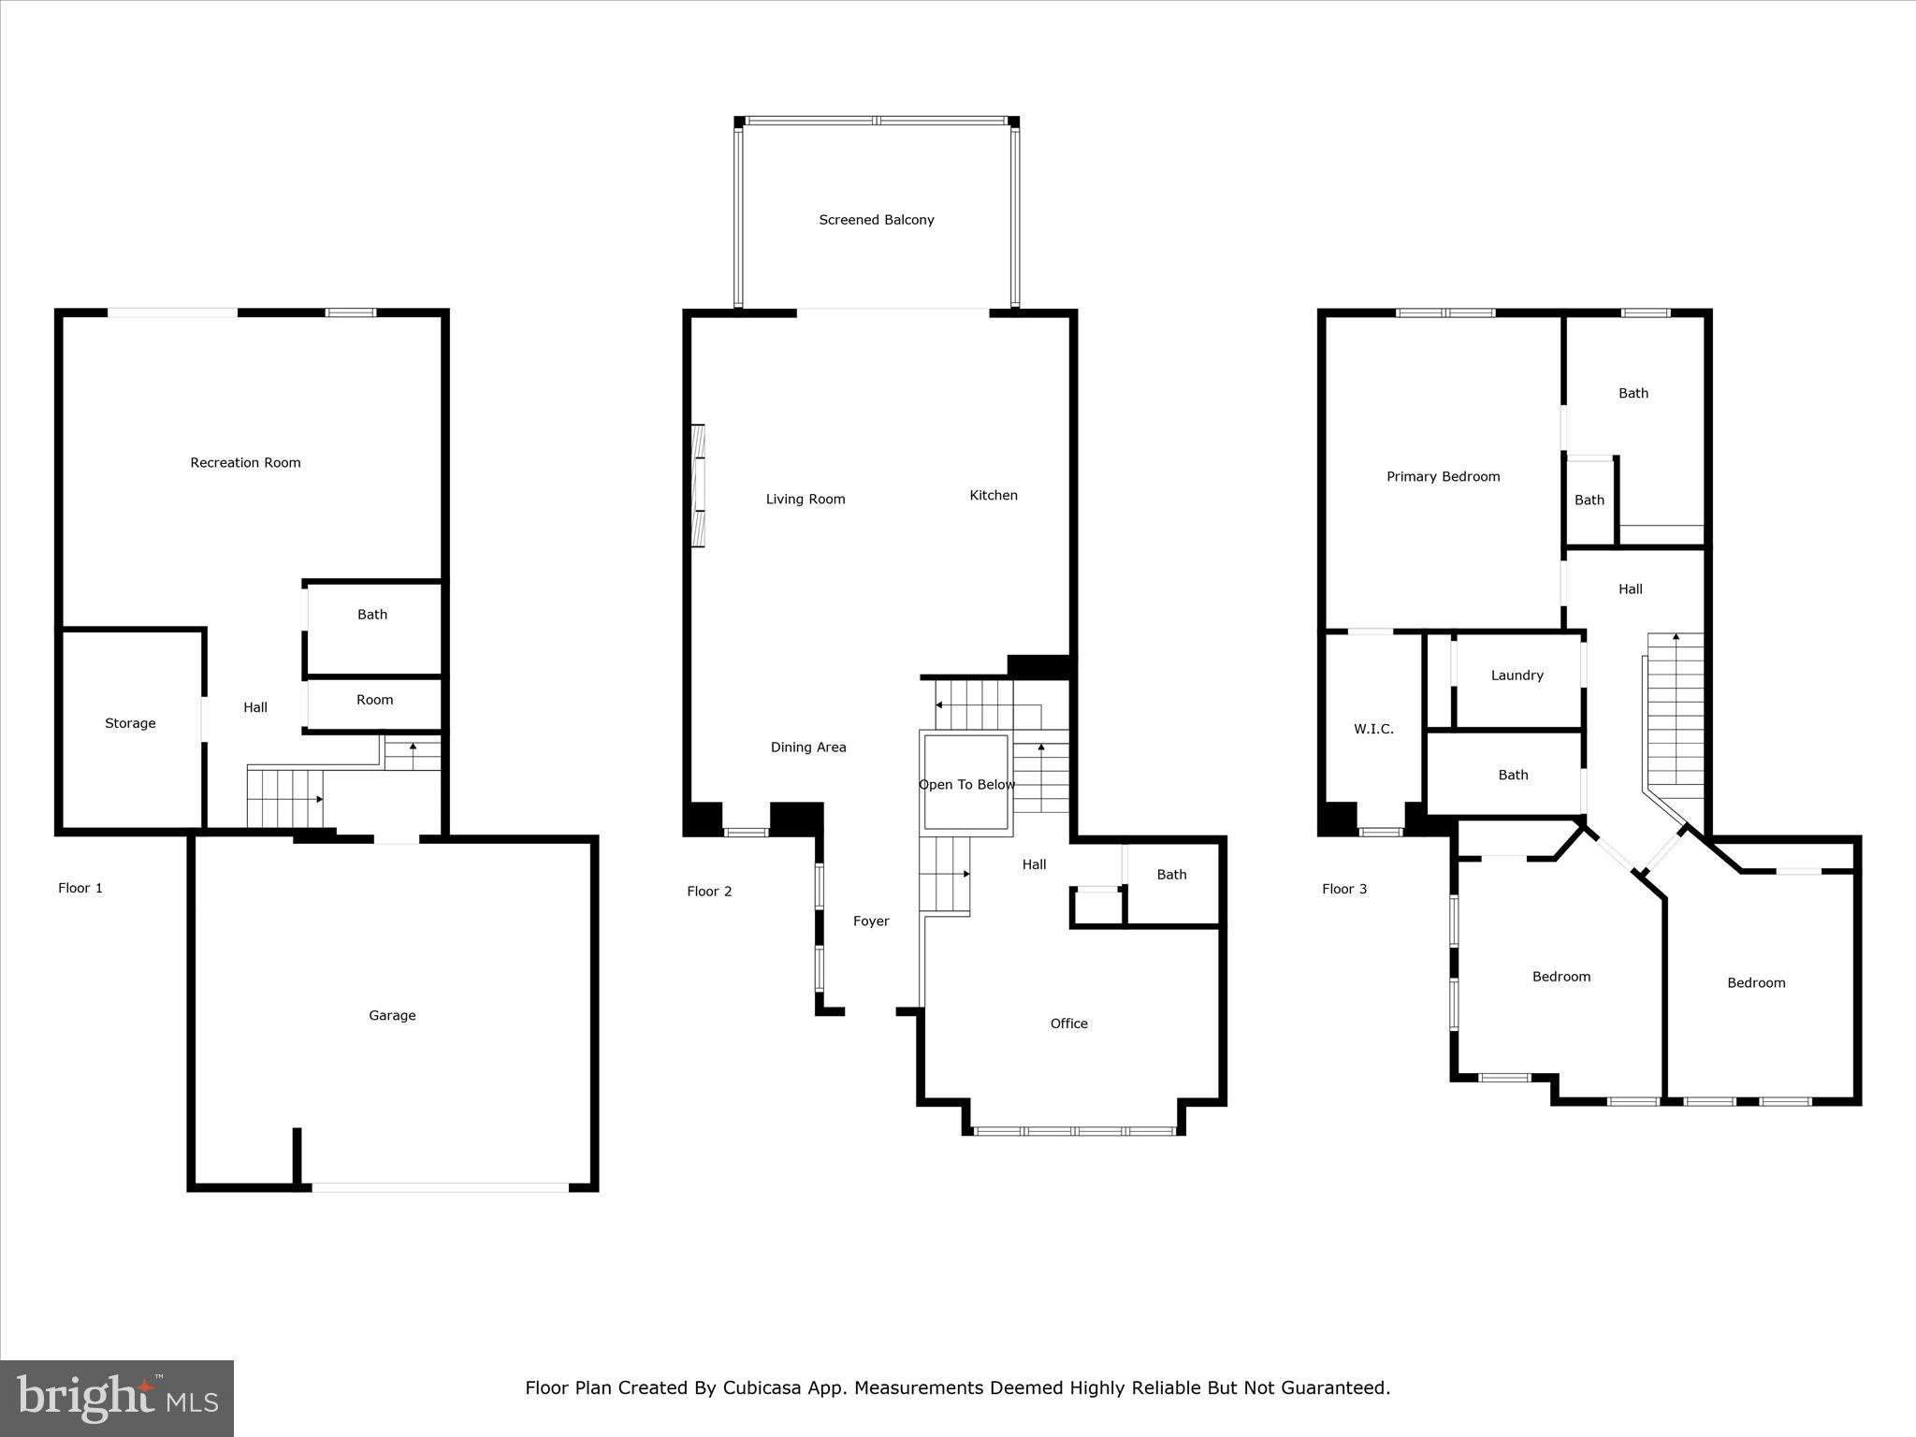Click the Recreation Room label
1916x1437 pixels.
(x=245, y=462)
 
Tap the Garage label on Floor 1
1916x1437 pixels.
(x=392, y=1015)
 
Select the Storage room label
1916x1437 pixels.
(x=130, y=723)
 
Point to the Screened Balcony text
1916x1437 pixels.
(x=877, y=220)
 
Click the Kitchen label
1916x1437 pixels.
(x=994, y=495)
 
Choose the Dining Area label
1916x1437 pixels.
(x=808, y=747)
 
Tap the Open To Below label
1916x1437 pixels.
(x=966, y=784)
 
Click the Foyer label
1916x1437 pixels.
(x=871, y=921)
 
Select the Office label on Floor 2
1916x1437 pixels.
(x=1068, y=1023)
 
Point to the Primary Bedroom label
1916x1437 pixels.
(x=1443, y=476)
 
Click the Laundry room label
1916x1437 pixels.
(x=1517, y=675)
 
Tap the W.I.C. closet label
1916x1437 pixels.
(x=1373, y=729)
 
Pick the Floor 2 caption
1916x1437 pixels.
(x=709, y=891)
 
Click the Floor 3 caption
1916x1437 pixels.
(x=1344, y=889)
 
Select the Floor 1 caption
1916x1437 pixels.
(x=80, y=888)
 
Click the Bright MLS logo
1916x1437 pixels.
(x=117, y=1398)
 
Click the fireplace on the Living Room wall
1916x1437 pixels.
(x=698, y=486)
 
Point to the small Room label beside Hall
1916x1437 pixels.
(x=374, y=700)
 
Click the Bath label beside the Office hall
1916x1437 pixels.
(x=1171, y=874)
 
